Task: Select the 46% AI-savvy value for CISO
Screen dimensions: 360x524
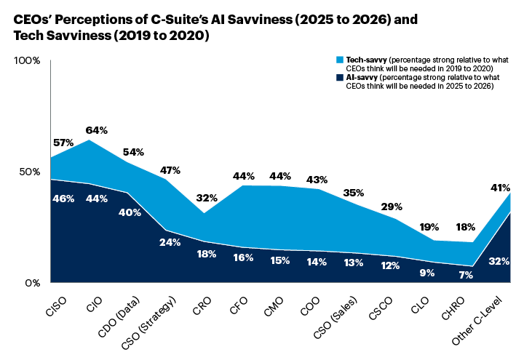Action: (63, 198)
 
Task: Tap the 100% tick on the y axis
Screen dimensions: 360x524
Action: (27, 60)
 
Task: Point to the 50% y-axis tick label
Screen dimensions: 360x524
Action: (29, 171)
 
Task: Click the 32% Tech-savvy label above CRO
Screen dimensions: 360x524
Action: (207, 198)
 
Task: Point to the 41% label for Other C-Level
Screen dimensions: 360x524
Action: (499, 187)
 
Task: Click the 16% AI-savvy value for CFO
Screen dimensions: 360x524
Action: (243, 257)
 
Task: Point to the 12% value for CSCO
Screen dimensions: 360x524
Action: (390, 265)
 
